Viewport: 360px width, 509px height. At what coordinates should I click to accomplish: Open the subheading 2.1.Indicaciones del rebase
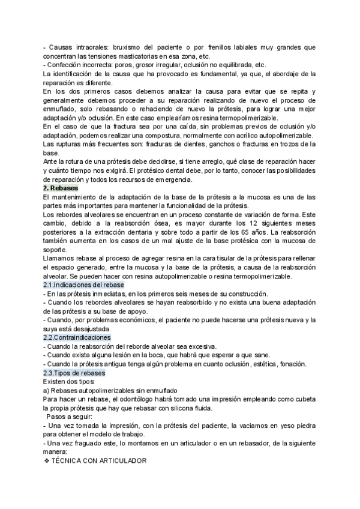tap(83, 285)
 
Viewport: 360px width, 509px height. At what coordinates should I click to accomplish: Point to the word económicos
tap(127, 320)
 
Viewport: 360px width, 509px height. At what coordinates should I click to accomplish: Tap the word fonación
tap(297, 364)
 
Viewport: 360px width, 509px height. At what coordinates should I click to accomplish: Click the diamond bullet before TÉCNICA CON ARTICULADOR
tap(47, 461)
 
